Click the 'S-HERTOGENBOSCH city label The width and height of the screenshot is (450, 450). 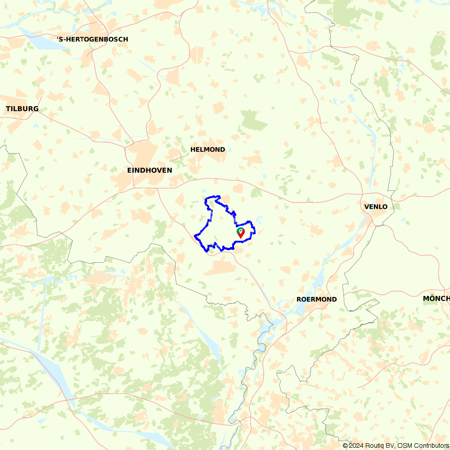(93, 40)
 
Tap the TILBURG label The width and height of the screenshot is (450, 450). (22, 109)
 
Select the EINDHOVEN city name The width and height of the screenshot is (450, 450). (149, 171)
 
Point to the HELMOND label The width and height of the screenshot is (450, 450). (207, 149)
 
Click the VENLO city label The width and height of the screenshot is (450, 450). (376, 207)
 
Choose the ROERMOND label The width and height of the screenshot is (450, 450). (316, 300)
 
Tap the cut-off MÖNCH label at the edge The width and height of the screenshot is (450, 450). (436, 299)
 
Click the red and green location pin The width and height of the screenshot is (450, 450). (241, 232)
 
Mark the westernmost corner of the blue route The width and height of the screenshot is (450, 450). (195, 235)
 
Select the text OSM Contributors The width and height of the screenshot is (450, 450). (423, 445)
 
